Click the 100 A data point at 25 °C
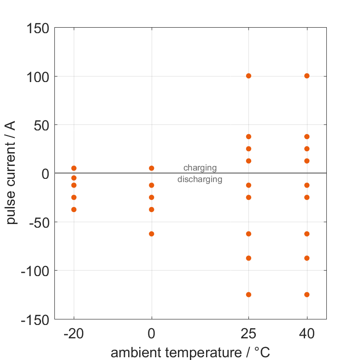coord(248,76)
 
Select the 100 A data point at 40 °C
coord(307,76)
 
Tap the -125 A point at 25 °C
coord(248,295)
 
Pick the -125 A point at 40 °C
coord(307,295)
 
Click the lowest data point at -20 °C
coord(74,210)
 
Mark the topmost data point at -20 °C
coord(74,168)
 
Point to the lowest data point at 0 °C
coord(152,234)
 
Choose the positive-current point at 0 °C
coord(152,168)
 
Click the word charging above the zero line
coord(200,168)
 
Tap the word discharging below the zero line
coord(200,179)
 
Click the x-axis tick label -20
coord(74,334)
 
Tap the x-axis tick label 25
coord(248,334)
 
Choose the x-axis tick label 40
coord(307,334)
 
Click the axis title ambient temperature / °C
coord(190,353)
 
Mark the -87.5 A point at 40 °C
coord(307,258)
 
